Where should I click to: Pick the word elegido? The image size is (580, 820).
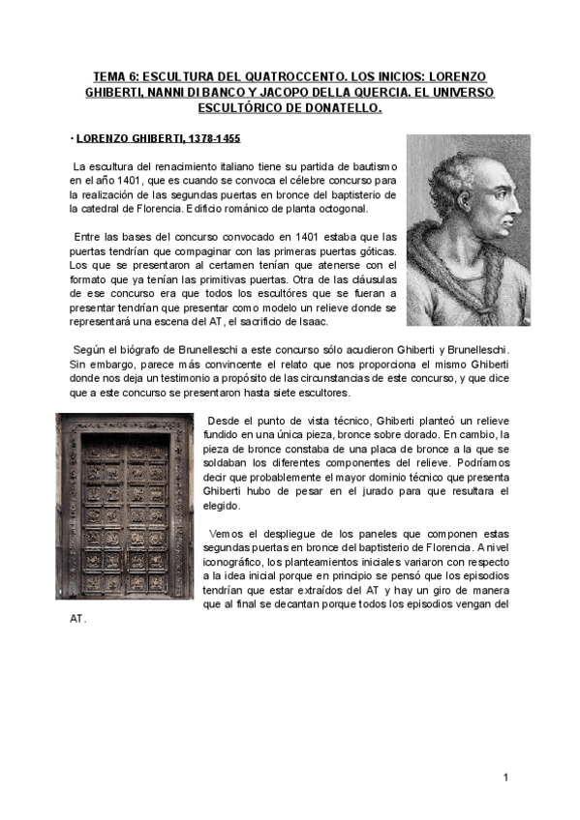pos(225,506)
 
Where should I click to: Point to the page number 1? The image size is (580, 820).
pos(506,776)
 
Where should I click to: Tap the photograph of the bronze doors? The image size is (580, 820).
pos(125,505)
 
